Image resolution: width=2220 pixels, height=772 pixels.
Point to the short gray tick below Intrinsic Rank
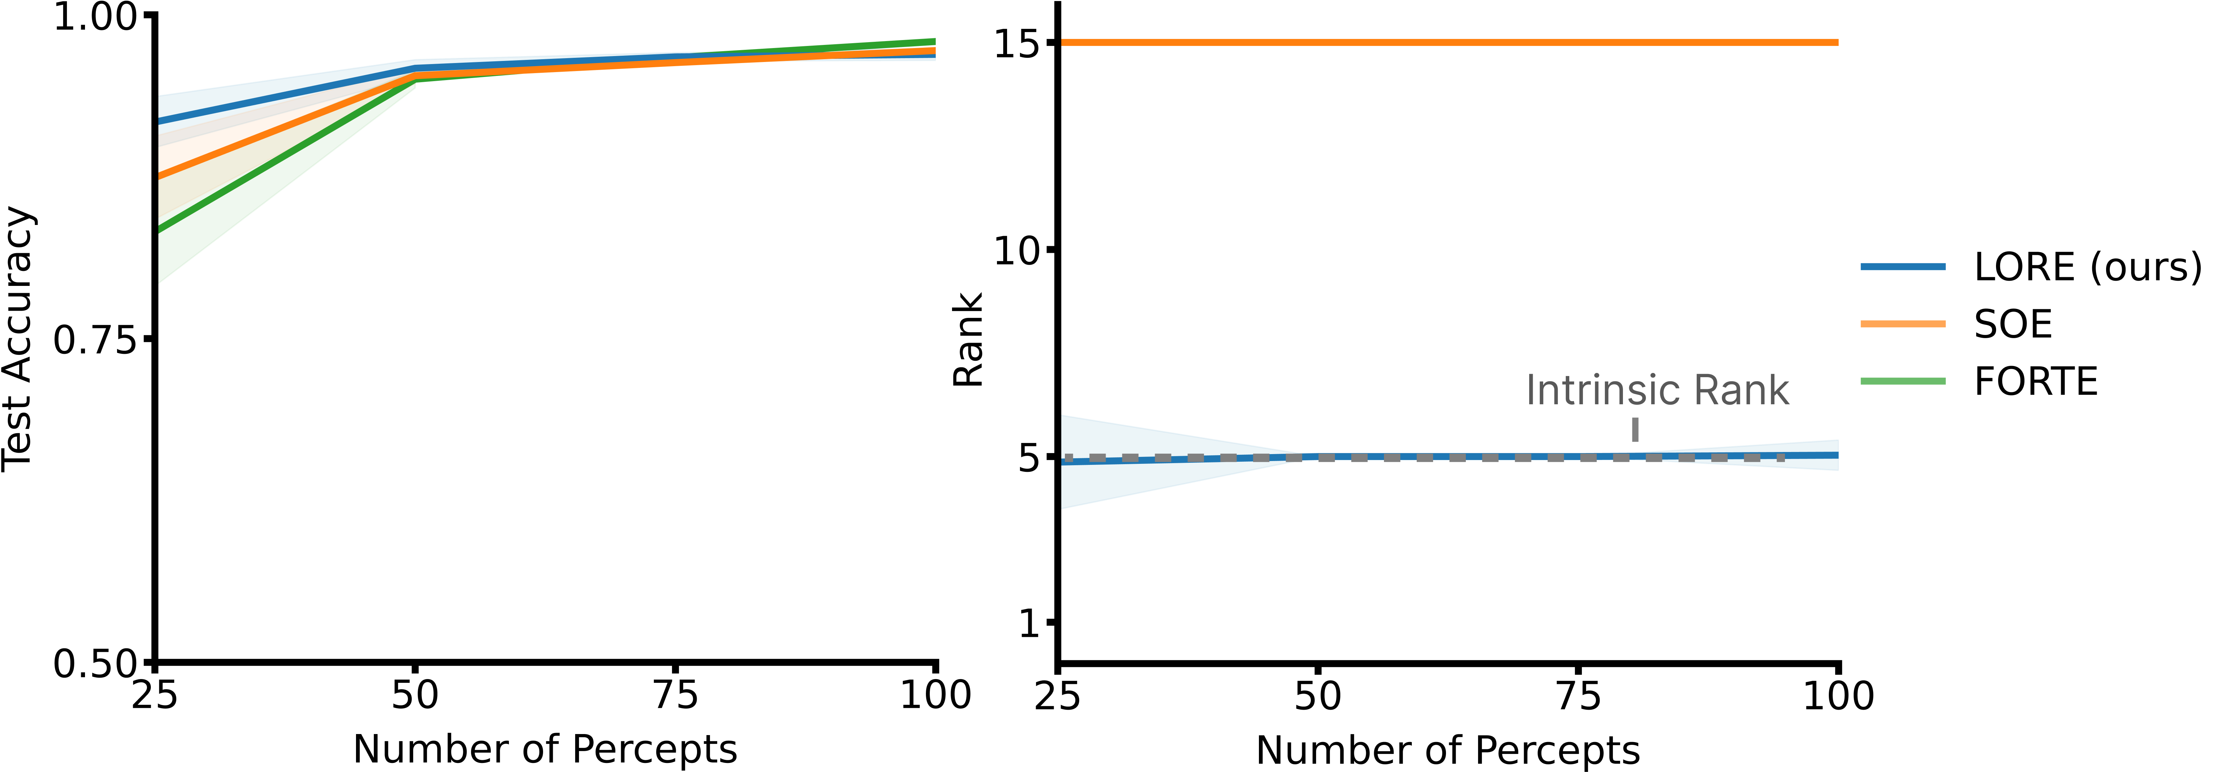1635,429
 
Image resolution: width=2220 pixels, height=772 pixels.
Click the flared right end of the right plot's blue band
1834,455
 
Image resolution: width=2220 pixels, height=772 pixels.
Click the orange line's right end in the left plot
933,51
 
